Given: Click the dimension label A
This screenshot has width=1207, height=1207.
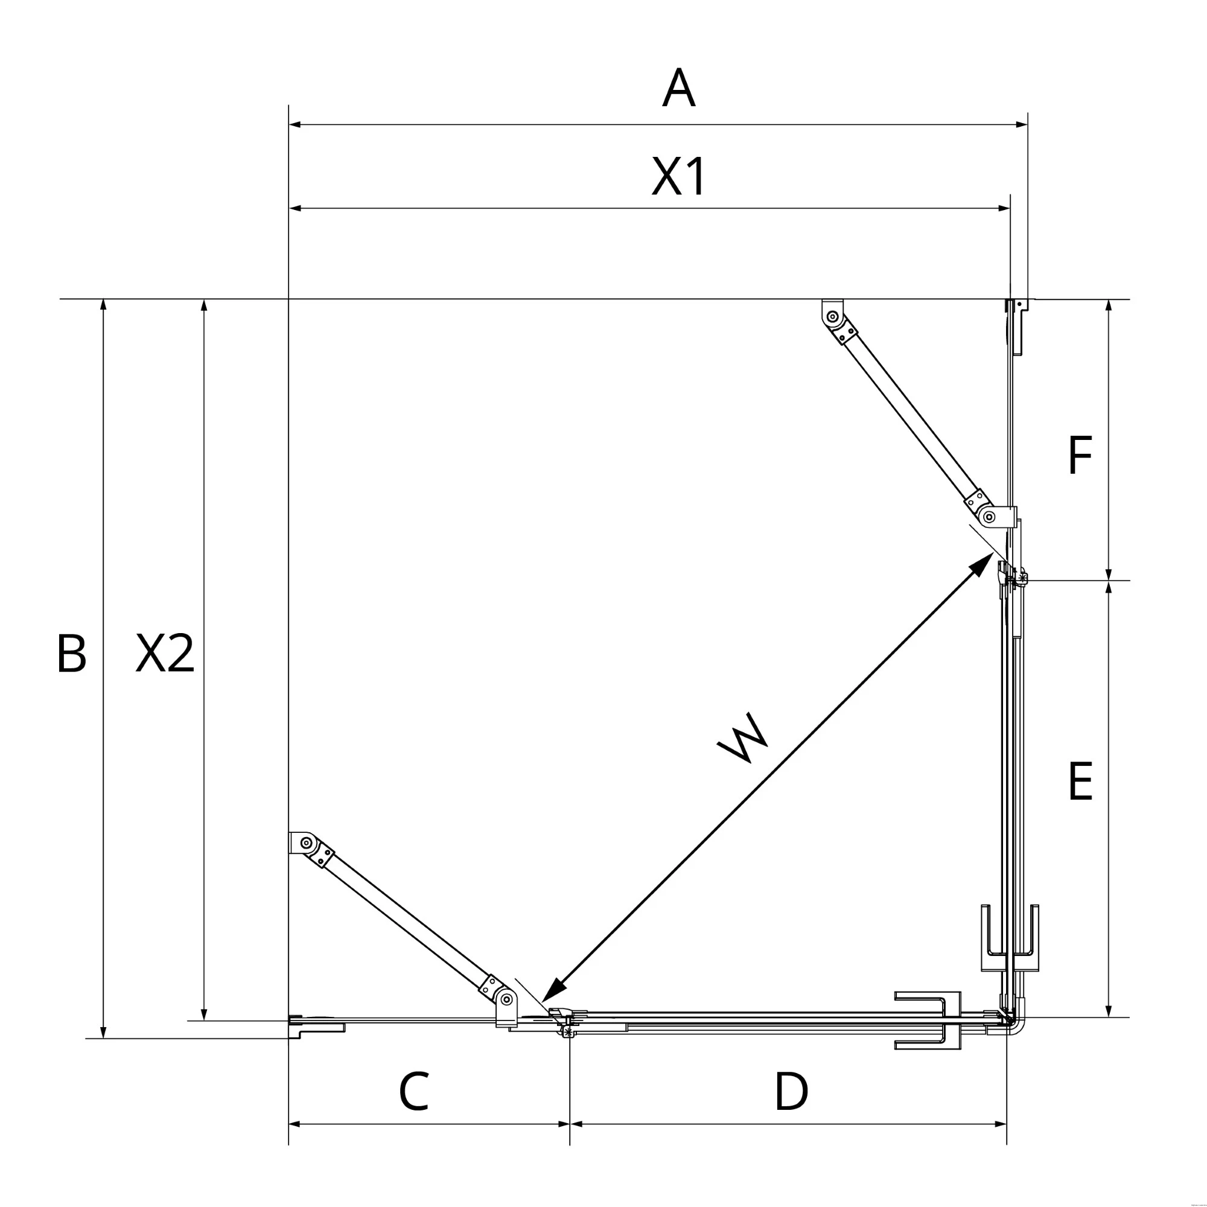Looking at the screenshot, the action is (x=678, y=88).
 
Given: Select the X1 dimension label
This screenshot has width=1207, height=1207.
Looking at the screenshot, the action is (x=678, y=176).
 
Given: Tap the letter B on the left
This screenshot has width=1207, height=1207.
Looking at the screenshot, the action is (x=71, y=654).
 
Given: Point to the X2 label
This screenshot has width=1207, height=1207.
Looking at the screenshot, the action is (x=165, y=654).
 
